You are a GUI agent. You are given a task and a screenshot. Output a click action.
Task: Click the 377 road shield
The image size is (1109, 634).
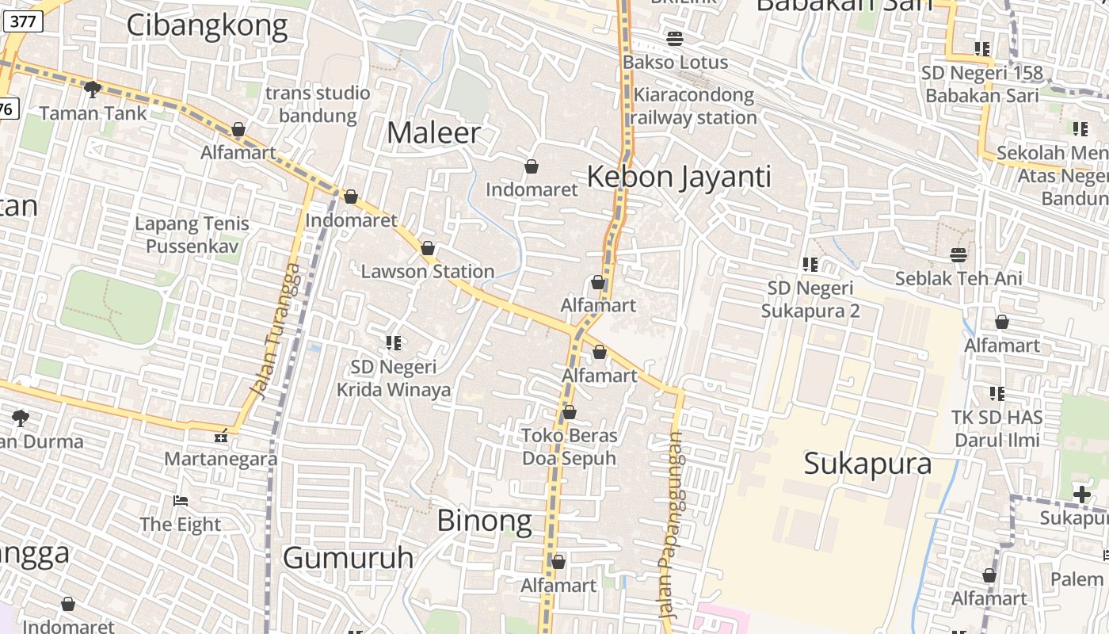(22, 21)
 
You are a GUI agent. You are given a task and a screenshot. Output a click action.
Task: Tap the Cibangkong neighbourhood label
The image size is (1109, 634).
(207, 25)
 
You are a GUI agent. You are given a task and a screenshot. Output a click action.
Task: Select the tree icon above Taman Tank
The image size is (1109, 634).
(93, 89)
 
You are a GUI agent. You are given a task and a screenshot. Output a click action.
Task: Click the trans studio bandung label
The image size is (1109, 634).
(318, 104)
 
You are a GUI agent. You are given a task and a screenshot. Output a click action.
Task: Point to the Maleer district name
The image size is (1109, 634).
(433, 132)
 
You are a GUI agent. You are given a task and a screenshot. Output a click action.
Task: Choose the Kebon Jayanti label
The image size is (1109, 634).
(679, 176)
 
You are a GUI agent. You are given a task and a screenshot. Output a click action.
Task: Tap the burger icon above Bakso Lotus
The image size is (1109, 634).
(675, 38)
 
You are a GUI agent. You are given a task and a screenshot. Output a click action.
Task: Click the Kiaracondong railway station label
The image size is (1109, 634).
(694, 106)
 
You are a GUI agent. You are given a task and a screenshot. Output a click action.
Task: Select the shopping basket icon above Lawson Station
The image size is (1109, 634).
(428, 248)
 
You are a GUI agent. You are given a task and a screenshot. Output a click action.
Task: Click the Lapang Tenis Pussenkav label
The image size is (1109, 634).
(192, 235)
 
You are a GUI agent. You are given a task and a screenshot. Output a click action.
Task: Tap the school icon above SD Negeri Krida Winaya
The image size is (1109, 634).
(394, 343)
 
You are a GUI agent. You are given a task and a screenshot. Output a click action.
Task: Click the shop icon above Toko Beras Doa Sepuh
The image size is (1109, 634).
(569, 412)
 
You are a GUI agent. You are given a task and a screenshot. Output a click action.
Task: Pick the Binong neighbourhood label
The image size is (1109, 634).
(484, 521)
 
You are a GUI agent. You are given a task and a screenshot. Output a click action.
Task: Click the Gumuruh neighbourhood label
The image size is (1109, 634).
(348, 558)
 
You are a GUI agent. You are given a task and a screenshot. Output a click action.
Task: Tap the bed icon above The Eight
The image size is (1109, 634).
(181, 501)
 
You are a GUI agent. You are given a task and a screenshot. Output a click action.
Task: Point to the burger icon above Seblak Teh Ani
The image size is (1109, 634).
(958, 254)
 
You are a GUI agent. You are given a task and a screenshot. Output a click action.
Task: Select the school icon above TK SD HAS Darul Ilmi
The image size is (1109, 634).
(997, 393)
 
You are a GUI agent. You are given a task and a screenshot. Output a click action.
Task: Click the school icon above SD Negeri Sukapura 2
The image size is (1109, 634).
(810, 264)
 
